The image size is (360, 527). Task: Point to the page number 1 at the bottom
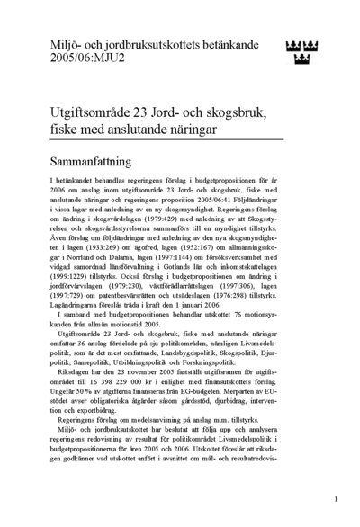[x=335, y=497]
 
